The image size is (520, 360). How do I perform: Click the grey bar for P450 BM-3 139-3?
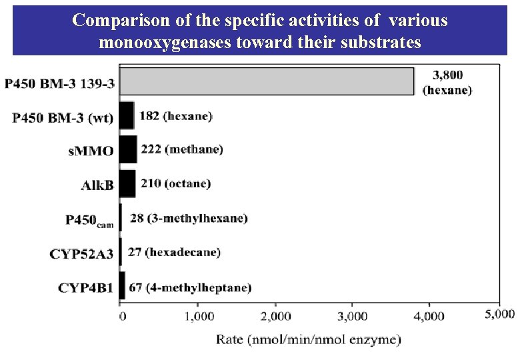[267, 81]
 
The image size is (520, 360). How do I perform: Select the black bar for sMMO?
[128, 149]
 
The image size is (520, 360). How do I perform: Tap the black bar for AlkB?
[127, 183]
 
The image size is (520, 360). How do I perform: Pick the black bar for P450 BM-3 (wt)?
[127, 115]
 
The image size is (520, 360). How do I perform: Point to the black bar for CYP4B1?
[122, 286]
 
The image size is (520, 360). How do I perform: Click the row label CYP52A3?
[81, 253]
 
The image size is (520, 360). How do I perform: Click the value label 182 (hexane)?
[177, 115]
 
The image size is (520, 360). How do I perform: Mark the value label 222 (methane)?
[182, 149]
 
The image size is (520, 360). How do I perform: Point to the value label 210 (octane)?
[175, 183]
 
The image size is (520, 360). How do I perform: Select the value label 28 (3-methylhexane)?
[189, 218]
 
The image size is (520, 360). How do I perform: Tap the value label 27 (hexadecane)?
[174, 253]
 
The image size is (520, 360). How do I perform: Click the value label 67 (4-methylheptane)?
[190, 287]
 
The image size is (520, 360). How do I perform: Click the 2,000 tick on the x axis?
[275, 316]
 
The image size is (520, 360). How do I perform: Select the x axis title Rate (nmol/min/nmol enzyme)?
[308, 339]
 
